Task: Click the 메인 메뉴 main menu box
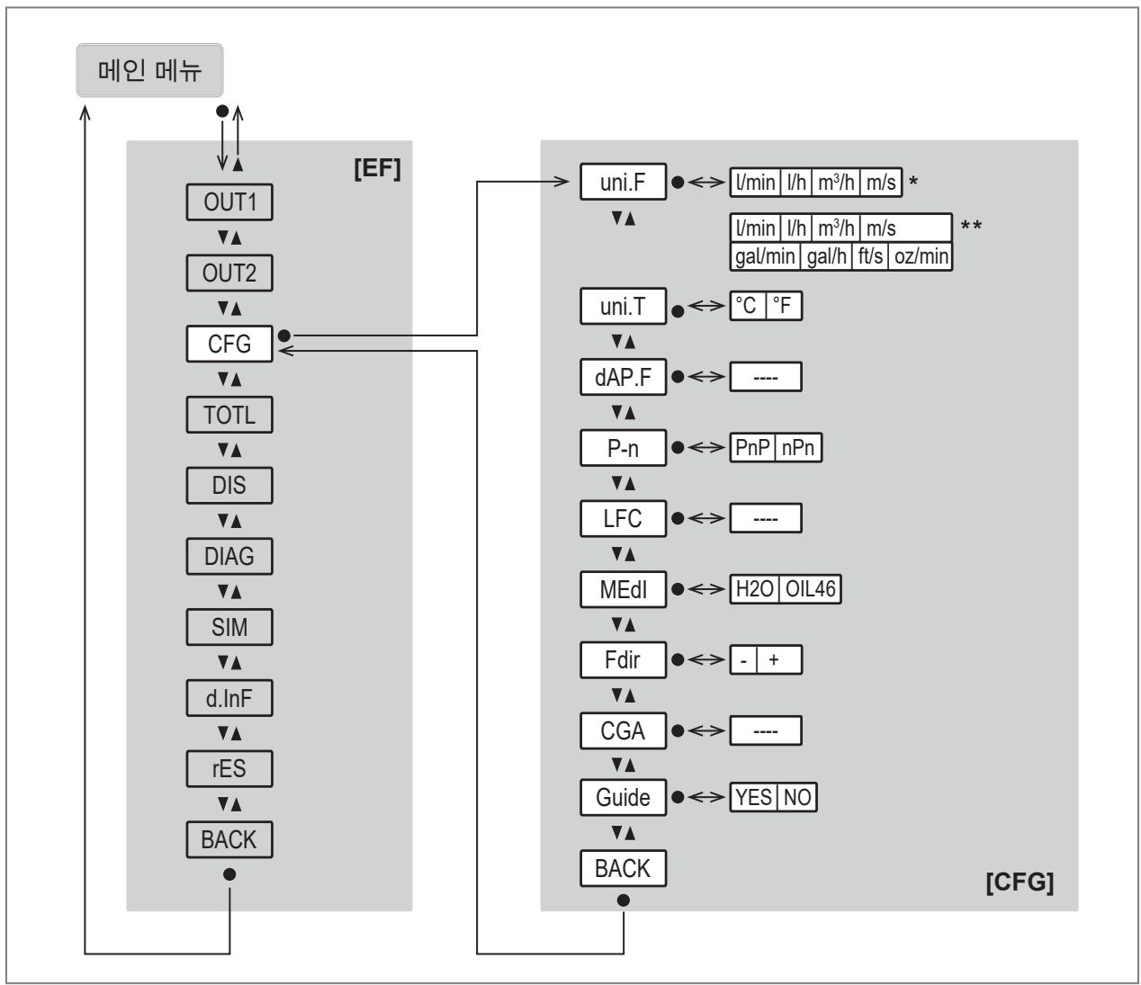[149, 71]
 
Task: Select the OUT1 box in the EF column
[229, 202]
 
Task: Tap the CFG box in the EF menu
[229, 344]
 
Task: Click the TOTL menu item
[229, 415]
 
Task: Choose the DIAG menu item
[229, 556]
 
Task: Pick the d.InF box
[229, 698]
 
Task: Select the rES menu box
[229, 769]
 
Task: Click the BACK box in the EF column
[229, 839]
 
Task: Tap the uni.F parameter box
[624, 182]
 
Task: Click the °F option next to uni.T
[784, 306]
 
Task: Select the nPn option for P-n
[798, 448]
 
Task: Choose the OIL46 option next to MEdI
[811, 589]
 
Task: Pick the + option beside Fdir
[779, 660]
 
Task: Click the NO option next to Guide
[797, 797]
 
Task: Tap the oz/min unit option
[921, 256]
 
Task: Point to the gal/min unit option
[765, 256]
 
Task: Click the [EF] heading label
[378, 168]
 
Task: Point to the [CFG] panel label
[1020, 882]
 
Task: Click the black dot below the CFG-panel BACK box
[624, 900]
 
